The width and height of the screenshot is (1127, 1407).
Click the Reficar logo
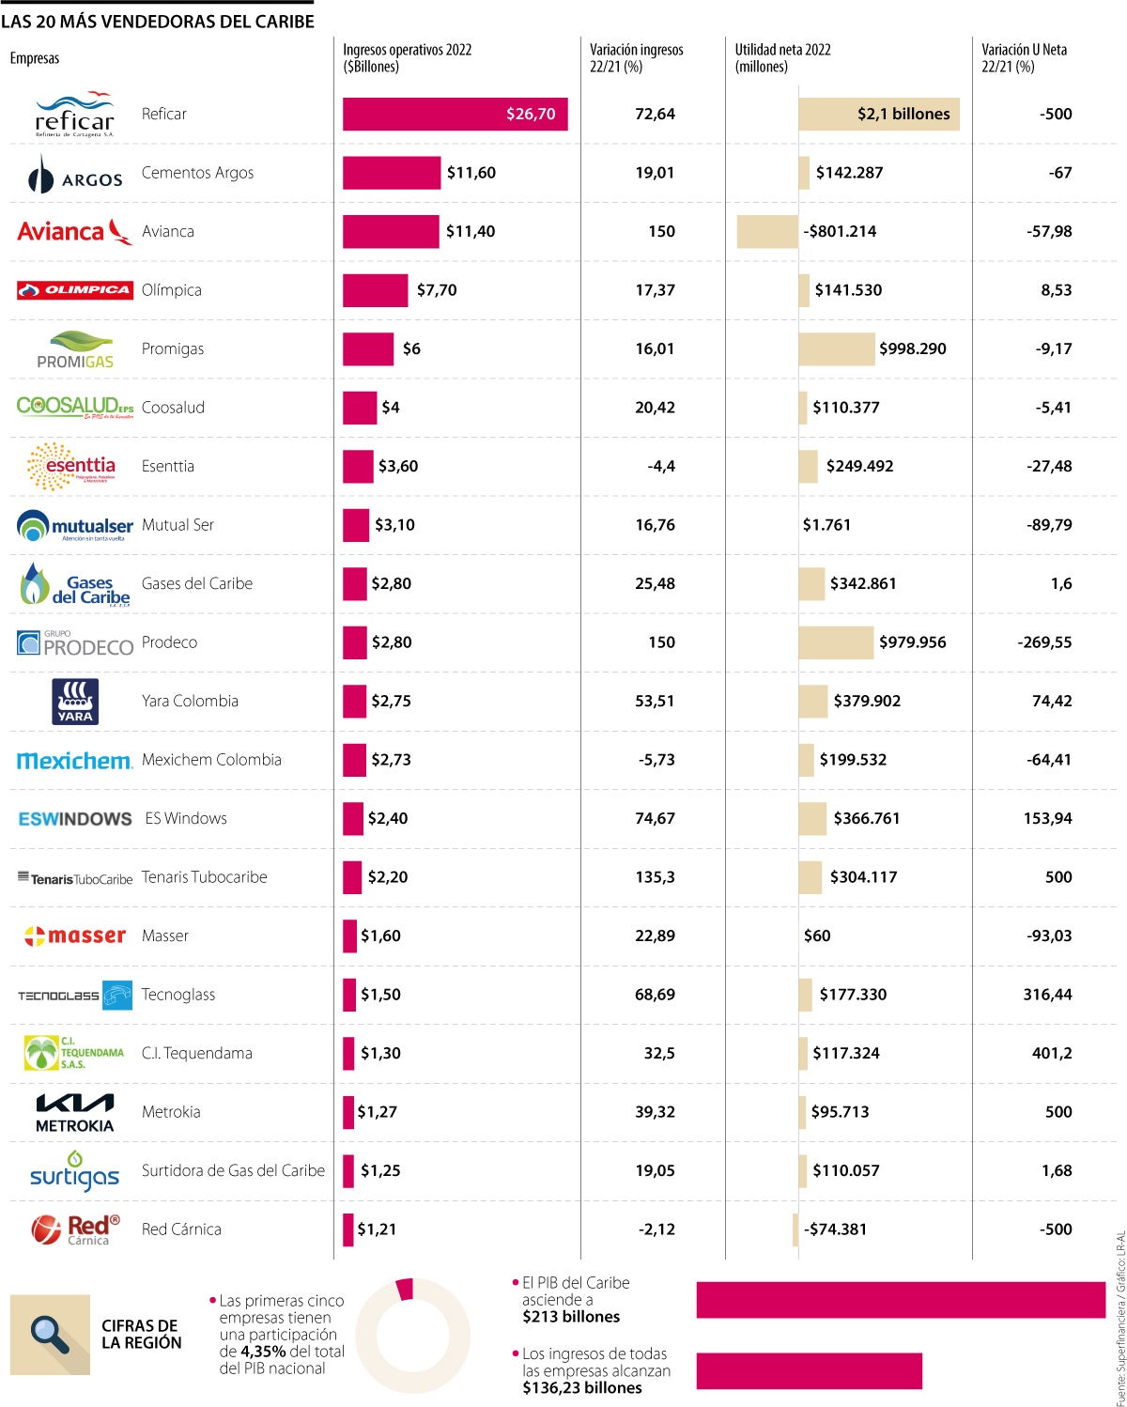tap(74, 115)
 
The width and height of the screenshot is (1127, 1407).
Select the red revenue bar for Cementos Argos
tap(391, 173)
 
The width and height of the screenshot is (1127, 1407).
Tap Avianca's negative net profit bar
tap(766, 231)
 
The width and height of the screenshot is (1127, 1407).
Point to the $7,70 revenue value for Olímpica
tap(437, 290)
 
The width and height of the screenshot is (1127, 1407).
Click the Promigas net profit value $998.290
tap(912, 348)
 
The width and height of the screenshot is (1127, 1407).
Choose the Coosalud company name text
tap(173, 408)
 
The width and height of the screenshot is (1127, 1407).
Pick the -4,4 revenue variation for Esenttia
tap(661, 466)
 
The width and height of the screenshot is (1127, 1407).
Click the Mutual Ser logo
tap(74, 525)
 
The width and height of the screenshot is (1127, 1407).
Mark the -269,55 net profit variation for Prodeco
tap(1044, 642)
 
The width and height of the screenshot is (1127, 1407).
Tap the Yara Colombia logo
tap(75, 702)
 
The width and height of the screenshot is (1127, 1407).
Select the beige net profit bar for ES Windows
tap(812, 818)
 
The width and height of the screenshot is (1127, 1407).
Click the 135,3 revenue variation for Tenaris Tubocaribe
tap(655, 877)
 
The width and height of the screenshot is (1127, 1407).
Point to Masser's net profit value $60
tap(817, 935)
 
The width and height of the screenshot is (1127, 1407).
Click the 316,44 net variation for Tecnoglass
tap(1047, 995)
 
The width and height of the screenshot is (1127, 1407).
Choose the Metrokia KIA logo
tap(74, 1112)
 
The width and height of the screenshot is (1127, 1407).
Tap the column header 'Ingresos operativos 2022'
tap(407, 57)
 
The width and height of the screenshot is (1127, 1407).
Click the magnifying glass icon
tap(49, 1333)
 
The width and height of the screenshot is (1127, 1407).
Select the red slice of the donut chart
tap(405, 1290)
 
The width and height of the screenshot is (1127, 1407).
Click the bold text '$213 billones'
tap(571, 1317)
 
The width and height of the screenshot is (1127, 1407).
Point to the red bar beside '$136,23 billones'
tap(809, 1370)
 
